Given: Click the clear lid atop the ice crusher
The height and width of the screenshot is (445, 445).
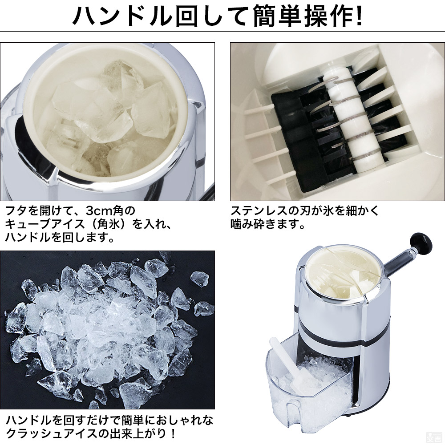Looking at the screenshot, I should [343, 271].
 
